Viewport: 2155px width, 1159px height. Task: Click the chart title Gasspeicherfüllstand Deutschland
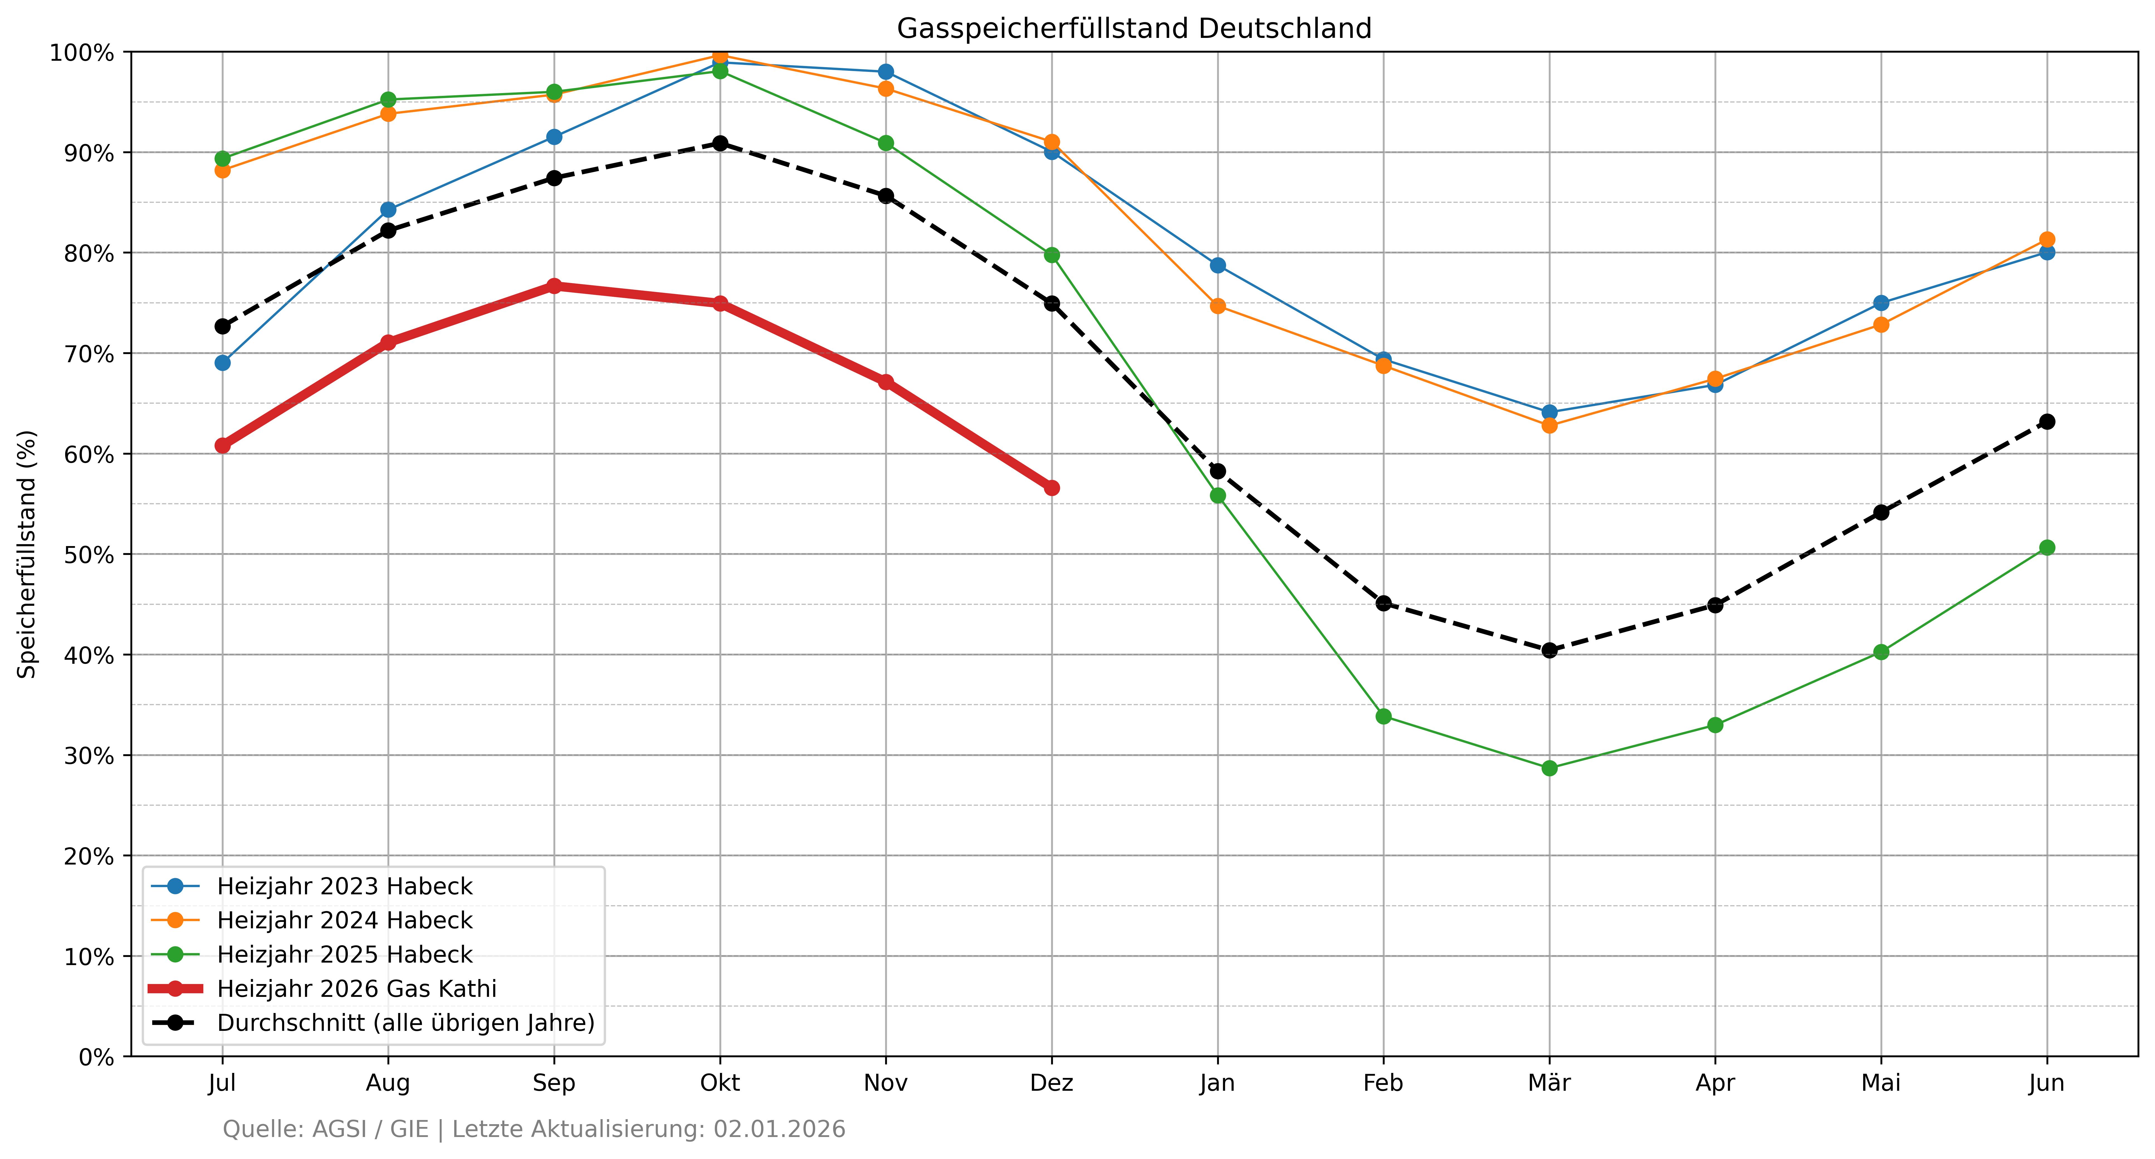click(1133, 28)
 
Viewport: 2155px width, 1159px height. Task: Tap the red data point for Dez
click(1052, 488)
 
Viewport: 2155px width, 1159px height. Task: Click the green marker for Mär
click(1549, 768)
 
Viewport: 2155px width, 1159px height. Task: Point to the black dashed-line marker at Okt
click(719, 143)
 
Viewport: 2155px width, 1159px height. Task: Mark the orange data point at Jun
click(2047, 239)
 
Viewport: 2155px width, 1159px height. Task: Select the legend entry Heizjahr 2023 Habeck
click(345, 886)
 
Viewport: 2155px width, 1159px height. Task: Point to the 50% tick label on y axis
click(89, 555)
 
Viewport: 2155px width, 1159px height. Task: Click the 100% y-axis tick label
click(82, 53)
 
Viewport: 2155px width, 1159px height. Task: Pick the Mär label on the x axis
click(1549, 1083)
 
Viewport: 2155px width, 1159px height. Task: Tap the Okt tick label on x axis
click(719, 1083)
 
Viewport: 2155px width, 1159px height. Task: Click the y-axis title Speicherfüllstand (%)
click(28, 554)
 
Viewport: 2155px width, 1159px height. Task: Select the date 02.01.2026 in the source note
click(779, 1130)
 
